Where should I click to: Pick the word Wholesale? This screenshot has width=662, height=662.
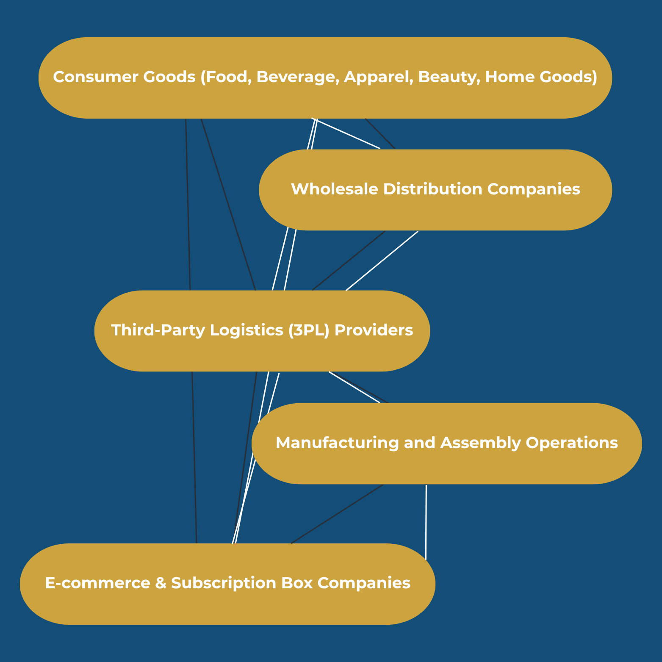334,189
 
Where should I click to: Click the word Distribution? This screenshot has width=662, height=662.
432,189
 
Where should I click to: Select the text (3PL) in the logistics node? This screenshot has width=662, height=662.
308,330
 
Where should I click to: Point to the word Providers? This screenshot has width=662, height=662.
374,330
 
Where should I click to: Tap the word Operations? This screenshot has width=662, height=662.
571,443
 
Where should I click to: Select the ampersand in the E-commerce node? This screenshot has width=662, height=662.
161,583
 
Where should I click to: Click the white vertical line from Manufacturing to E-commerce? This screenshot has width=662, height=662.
426,521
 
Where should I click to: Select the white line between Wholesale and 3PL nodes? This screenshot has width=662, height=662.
382,261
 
